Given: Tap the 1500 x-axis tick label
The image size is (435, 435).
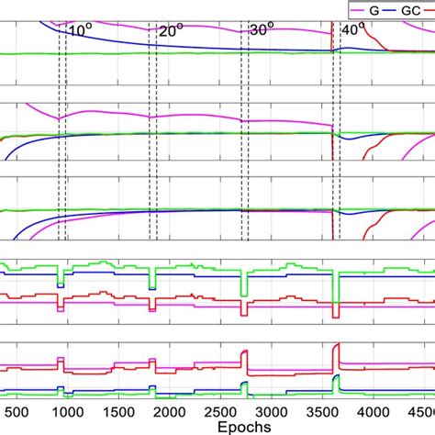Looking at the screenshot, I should pos(116,412).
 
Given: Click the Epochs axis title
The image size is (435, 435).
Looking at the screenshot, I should pos(218,427).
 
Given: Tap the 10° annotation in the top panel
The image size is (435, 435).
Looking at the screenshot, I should pos(81,30).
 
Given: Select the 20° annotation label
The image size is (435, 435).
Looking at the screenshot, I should pos(172,30).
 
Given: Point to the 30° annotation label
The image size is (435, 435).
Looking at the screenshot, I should pos(262,30).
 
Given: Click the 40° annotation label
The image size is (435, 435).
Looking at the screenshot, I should pos(352,30).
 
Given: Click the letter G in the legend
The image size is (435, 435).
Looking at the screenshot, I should pos(374,8).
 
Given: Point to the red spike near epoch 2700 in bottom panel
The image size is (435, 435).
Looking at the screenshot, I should pos(244,356).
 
